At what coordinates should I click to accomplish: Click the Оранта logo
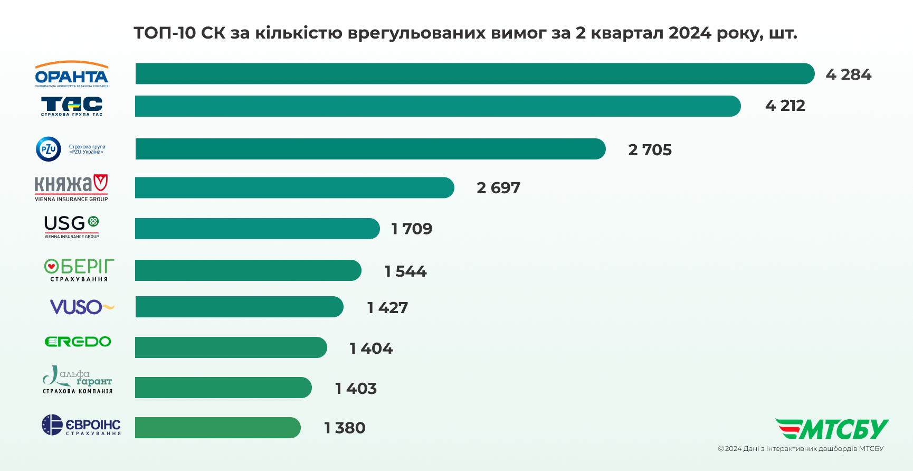(72, 74)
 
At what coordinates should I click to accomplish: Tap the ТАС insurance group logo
(72, 106)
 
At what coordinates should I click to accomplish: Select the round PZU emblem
(49, 149)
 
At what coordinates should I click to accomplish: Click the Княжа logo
(71, 188)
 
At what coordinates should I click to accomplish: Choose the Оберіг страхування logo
(79, 270)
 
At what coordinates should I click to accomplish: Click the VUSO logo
(82, 307)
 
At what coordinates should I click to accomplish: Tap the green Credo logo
(78, 342)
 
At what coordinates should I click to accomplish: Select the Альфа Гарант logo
(78, 380)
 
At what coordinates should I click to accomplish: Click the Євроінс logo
(81, 425)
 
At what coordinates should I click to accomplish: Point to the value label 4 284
(848, 74)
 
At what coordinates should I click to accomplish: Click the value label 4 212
(785, 106)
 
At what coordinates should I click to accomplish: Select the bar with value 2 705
(370, 149)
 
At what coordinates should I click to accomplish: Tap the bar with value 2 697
(294, 188)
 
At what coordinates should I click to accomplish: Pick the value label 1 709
(412, 229)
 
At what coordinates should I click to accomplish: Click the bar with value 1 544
(248, 270)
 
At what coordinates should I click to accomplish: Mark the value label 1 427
(387, 307)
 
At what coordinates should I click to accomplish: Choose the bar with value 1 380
(217, 428)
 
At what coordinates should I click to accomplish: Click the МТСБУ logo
(832, 429)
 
